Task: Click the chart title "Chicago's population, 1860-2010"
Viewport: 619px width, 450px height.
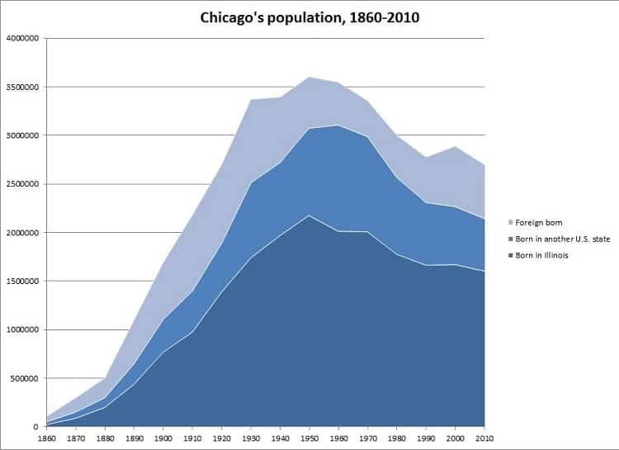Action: (309, 17)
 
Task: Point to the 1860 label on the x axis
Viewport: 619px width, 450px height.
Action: (48, 438)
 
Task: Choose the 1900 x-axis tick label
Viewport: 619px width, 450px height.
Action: (165, 438)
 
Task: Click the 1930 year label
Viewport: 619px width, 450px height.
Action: (253, 438)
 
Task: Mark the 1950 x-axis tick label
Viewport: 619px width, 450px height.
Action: (310, 438)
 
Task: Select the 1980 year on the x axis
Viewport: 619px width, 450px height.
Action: (398, 438)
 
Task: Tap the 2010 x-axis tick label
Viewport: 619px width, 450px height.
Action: (485, 438)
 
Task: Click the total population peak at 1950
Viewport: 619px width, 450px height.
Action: (310, 77)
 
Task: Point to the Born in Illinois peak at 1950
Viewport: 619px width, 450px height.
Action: (310, 216)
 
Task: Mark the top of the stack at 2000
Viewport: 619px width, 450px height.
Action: (456, 146)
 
